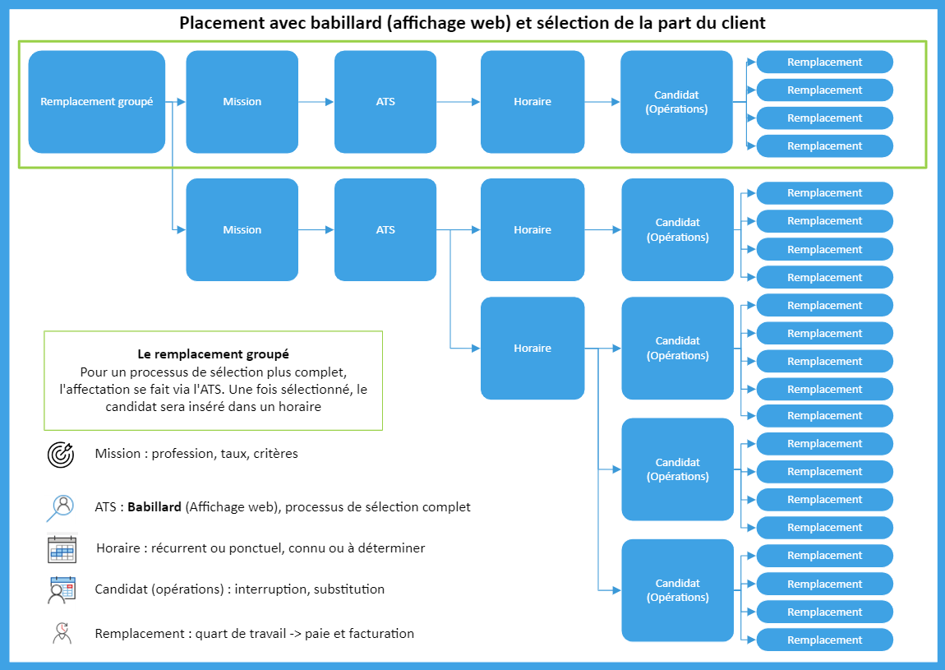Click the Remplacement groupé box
coord(96,102)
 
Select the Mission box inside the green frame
coord(242,102)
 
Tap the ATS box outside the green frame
coord(385,230)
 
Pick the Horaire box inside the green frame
coord(532,102)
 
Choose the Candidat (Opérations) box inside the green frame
coord(676,102)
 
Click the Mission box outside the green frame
coord(242,230)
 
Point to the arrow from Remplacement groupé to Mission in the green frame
coord(176,102)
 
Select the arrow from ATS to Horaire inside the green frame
coord(459,102)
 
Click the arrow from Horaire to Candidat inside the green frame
coord(602,102)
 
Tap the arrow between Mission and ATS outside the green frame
coord(316,230)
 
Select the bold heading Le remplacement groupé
coord(213,355)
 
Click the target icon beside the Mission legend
coord(62,454)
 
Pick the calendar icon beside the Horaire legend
coord(62,548)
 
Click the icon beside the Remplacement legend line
coord(62,634)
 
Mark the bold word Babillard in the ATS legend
coord(154,507)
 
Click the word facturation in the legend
coord(380,634)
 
